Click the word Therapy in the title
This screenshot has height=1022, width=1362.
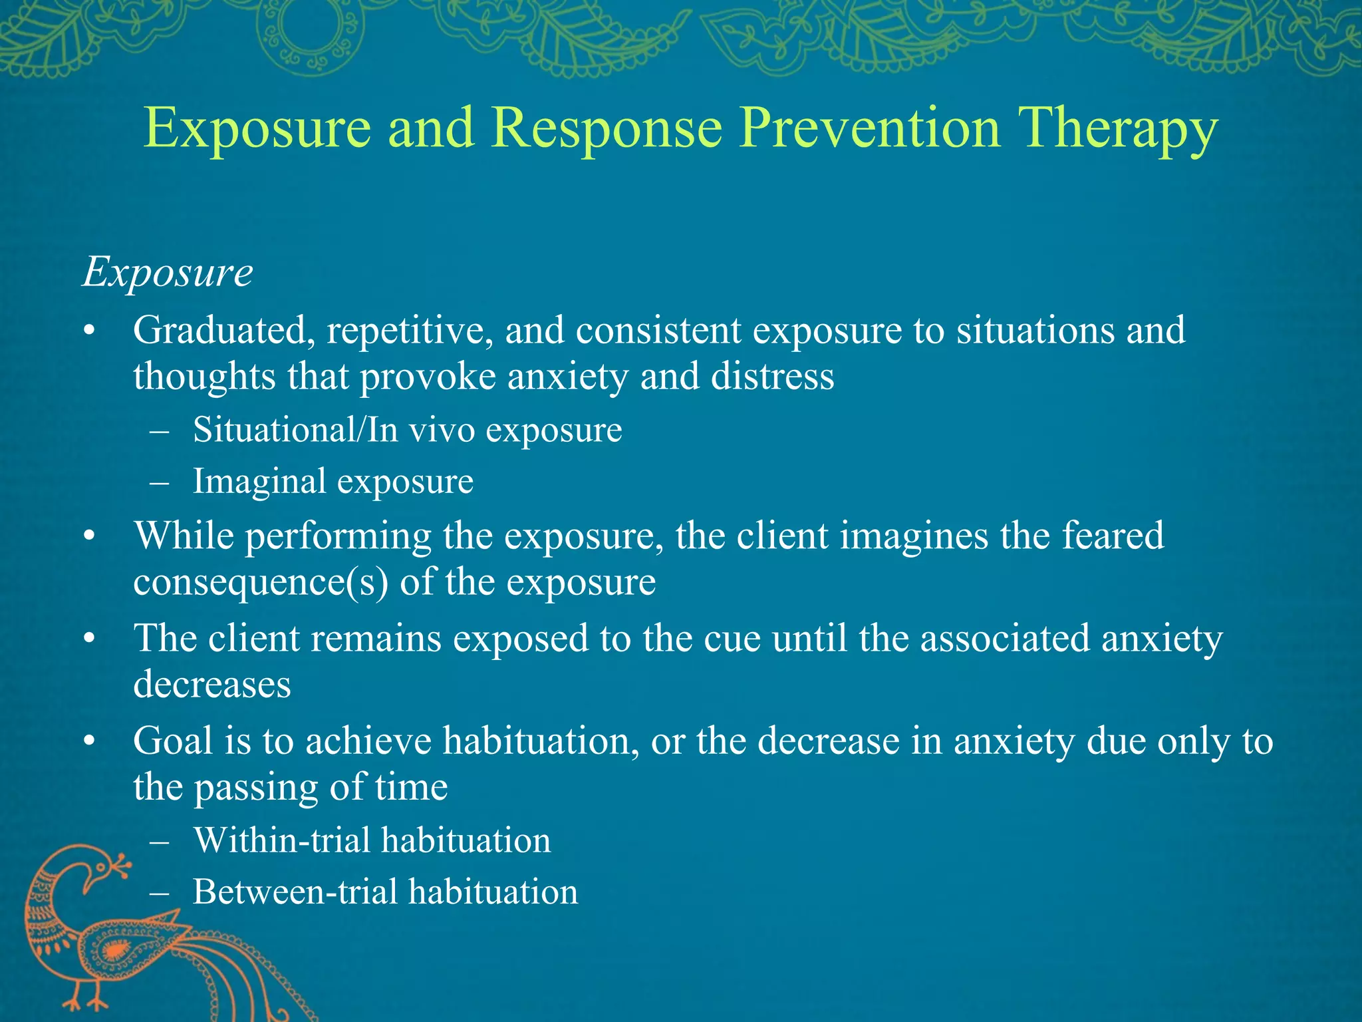1117,130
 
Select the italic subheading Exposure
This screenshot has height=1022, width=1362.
168,273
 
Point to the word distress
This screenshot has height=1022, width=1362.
772,377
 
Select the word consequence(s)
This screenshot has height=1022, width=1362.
260,583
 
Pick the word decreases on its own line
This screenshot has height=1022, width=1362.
211,685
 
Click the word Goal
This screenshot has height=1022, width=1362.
172,741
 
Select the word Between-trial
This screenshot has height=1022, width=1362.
295,892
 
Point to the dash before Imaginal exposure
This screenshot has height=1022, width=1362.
160,482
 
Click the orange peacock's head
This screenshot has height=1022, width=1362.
106,865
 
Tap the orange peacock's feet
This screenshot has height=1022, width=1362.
86,1001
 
